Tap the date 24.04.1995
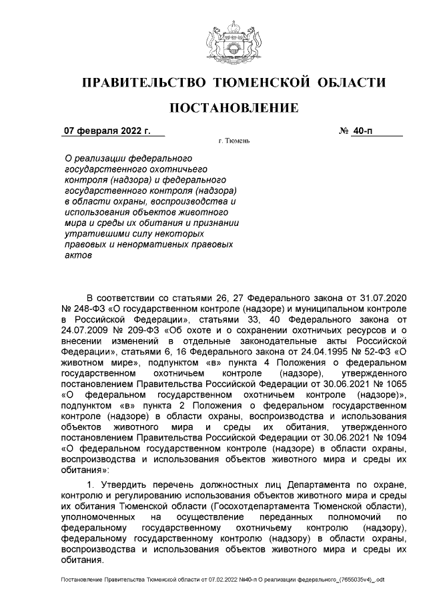point(324,352)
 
